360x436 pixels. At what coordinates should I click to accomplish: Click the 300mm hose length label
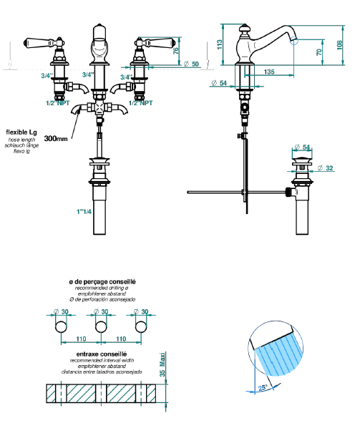click(56, 138)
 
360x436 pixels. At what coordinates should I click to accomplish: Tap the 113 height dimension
click(220, 44)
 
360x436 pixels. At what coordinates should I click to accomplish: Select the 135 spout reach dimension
click(269, 72)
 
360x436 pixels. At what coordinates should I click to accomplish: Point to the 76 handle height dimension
click(175, 51)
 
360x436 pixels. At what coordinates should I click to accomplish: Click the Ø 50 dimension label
click(192, 64)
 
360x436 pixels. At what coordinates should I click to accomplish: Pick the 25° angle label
click(263, 387)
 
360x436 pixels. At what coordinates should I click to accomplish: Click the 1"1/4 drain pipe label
click(84, 212)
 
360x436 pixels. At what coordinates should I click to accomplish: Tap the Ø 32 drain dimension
click(325, 168)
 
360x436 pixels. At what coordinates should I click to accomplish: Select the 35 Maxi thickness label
click(162, 364)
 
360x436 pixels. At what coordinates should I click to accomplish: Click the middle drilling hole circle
click(101, 326)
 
